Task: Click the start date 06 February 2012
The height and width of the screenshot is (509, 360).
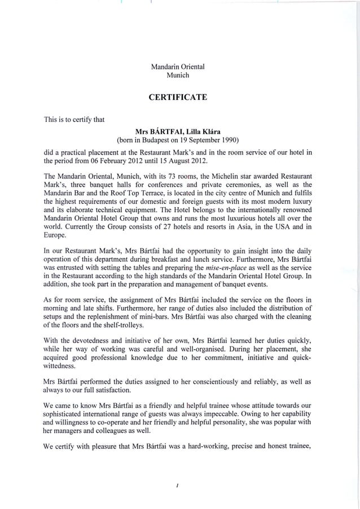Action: click(x=134, y=161)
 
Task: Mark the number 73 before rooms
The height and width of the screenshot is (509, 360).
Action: click(x=161, y=176)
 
